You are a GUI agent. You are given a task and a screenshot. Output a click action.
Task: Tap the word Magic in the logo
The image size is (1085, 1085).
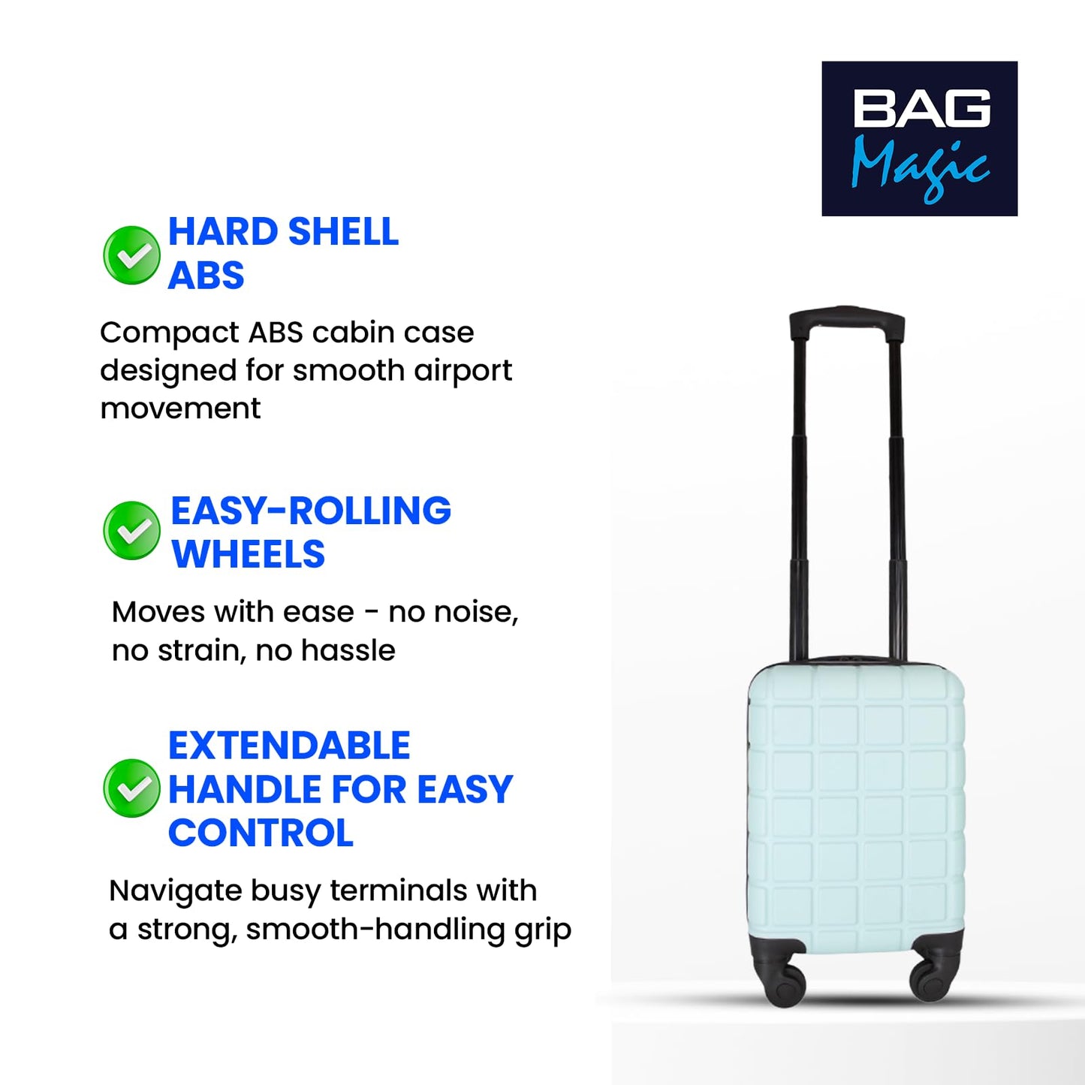[919, 165]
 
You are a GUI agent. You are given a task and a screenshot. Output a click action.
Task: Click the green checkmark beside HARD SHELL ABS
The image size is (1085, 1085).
[132, 255]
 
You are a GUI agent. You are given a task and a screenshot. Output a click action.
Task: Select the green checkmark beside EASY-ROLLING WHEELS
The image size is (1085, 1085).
[132, 531]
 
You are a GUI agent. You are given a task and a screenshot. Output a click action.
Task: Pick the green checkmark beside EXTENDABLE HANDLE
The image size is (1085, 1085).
[132, 788]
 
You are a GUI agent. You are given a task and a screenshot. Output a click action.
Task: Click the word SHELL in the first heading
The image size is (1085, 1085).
[343, 232]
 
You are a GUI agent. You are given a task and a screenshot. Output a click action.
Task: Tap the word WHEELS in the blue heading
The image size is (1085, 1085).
[249, 555]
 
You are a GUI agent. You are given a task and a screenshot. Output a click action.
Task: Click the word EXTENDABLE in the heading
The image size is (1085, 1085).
[289, 746]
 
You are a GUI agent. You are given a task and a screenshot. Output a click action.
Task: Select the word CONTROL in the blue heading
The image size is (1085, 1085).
[261, 833]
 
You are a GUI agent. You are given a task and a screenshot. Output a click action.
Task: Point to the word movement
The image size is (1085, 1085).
[180, 409]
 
